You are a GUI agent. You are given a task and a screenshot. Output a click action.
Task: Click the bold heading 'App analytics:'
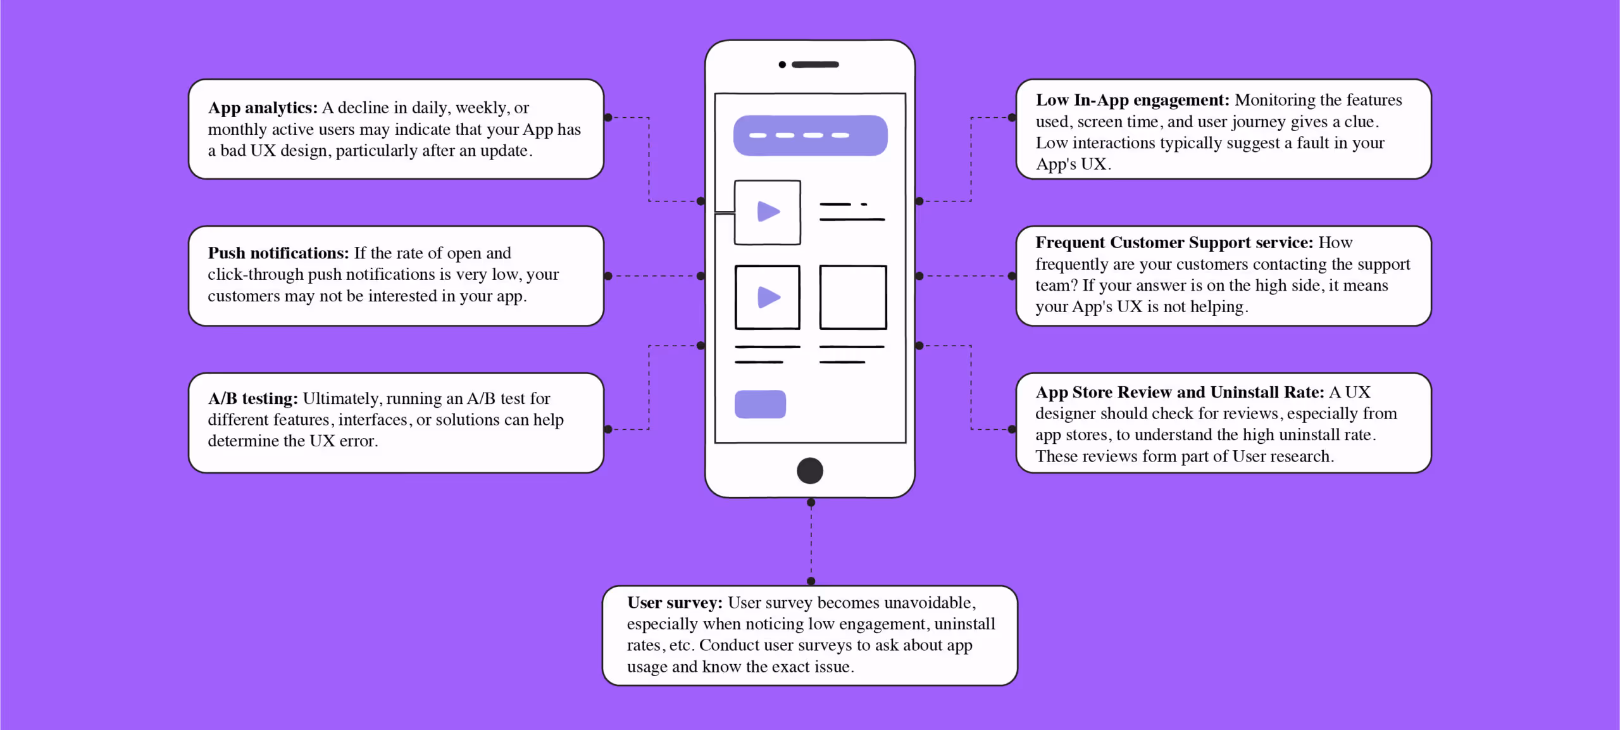tap(263, 108)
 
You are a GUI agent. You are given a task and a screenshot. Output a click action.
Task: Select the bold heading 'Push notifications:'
tap(278, 253)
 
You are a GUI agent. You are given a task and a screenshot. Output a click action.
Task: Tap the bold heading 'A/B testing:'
tap(252, 399)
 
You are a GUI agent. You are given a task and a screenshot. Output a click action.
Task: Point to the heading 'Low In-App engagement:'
tap(1132, 100)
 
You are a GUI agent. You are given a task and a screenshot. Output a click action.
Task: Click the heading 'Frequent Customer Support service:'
tap(1174, 242)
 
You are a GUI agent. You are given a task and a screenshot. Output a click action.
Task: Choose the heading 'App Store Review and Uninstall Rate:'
tap(1180, 393)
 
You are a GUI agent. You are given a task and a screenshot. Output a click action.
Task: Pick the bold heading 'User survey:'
tap(675, 603)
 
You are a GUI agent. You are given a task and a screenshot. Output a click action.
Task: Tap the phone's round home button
tap(810, 470)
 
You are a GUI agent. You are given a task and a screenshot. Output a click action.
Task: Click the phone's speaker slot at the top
tap(815, 65)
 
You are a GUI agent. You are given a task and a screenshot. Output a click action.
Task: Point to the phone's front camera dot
tap(782, 65)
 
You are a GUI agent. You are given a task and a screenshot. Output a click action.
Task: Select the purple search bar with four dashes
tap(810, 135)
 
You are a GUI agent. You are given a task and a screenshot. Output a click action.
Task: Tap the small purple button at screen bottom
tap(760, 405)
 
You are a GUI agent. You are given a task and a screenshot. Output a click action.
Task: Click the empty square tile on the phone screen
tap(853, 298)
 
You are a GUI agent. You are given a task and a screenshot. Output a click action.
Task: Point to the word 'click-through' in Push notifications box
tap(256, 275)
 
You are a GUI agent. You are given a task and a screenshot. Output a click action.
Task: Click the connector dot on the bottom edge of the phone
tap(811, 503)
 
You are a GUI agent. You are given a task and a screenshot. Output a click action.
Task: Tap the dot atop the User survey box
tap(811, 581)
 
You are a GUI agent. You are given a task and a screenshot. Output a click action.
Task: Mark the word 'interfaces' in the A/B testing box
tap(373, 420)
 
